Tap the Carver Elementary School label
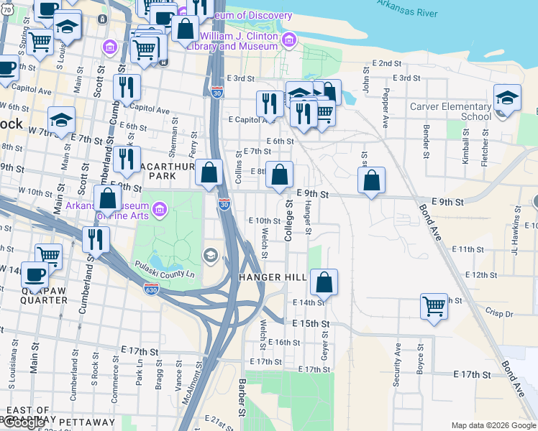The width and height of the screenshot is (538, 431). (450, 111)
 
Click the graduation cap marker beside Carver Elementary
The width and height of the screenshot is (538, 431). (507, 99)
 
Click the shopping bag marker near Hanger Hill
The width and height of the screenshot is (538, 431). (324, 282)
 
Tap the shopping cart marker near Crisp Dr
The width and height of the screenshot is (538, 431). (434, 305)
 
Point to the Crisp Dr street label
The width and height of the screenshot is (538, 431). (499, 314)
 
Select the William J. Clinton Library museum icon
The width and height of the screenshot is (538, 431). (289, 39)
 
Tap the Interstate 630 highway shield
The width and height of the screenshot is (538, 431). (151, 289)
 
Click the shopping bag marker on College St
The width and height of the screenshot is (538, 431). (280, 175)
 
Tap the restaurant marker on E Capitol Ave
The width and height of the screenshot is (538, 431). (268, 103)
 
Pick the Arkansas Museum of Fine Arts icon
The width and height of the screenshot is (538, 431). (160, 210)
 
